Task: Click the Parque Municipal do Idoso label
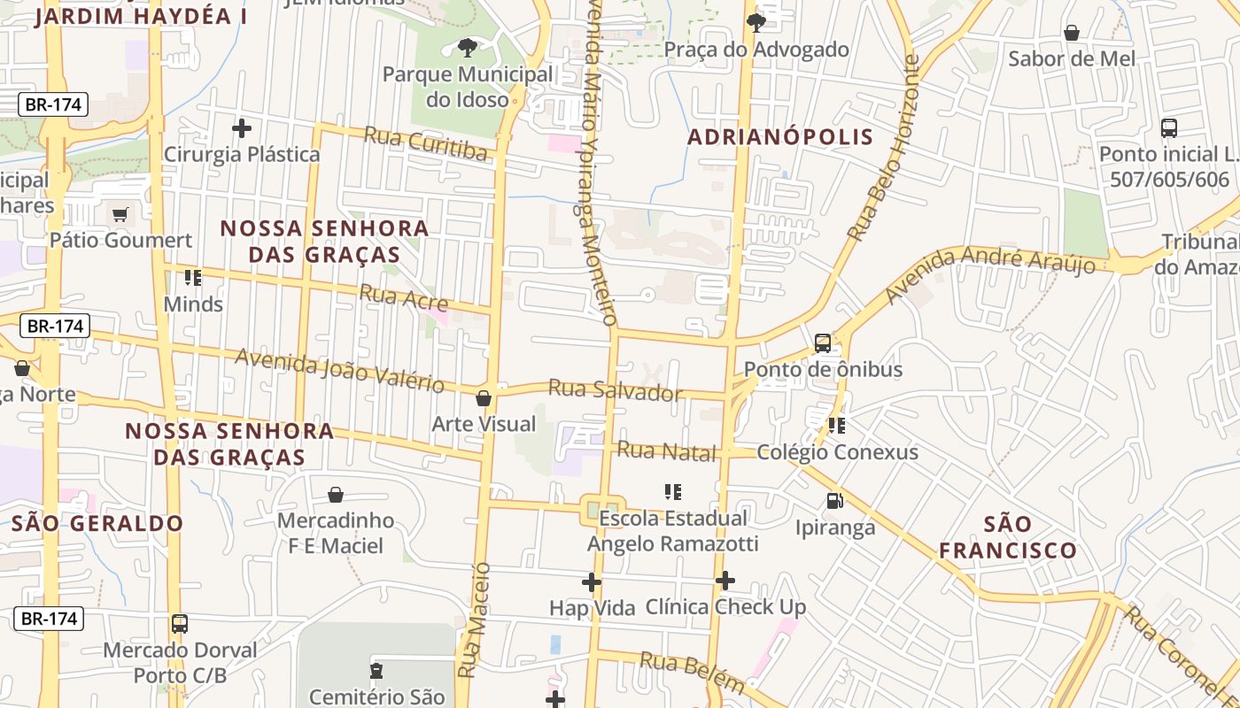click(468, 87)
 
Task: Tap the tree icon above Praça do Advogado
click(756, 22)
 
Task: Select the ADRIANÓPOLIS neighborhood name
click(780, 137)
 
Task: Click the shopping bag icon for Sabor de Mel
click(1072, 33)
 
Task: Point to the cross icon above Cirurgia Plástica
click(241, 128)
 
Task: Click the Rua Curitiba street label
click(426, 144)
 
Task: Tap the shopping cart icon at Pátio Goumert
click(120, 214)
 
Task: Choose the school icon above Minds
click(193, 278)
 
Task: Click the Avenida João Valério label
click(339, 370)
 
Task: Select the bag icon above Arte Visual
click(484, 398)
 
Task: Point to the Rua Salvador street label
click(616, 390)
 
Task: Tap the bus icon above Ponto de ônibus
click(823, 343)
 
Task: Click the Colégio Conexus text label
click(837, 452)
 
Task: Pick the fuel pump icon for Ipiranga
click(834, 501)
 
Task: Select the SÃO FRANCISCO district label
click(1008, 537)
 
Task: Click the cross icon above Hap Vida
click(592, 581)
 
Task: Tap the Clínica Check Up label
click(725, 607)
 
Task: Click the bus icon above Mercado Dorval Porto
click(180, 624)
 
